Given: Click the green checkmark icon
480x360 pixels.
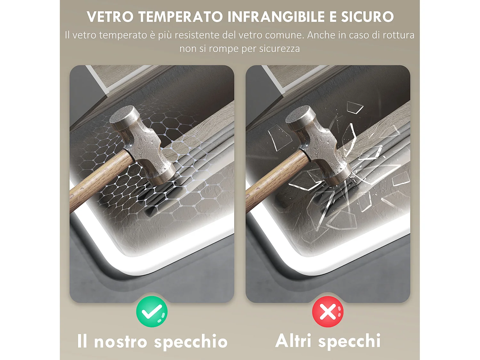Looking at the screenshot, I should pyautogui.click(x=152, y=311).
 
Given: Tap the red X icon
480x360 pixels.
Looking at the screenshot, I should pyautogui.click(x=328, y=311).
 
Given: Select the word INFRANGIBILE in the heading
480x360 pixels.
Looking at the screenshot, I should pyautogui.click(x=276, y=17).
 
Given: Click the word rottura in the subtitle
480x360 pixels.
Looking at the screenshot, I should pyautogui.click(x=398, y=35).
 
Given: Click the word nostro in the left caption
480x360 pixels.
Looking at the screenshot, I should pyautogui.click(x=120, y=342).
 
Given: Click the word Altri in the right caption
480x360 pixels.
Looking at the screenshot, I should pyautogui.click(x=293, y=340).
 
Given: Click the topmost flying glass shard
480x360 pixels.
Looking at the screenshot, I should pyautogui.click(x=355, y=108).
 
